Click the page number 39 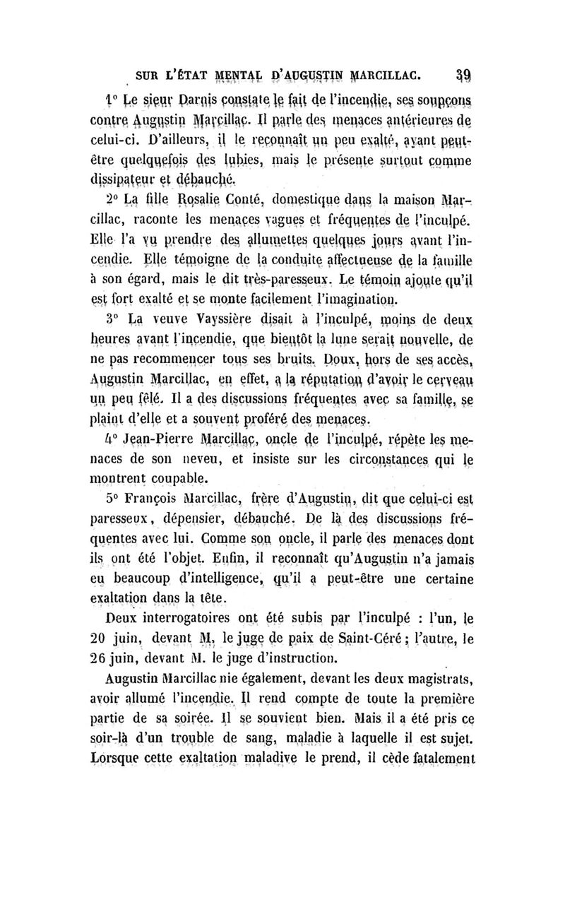(463, 73)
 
